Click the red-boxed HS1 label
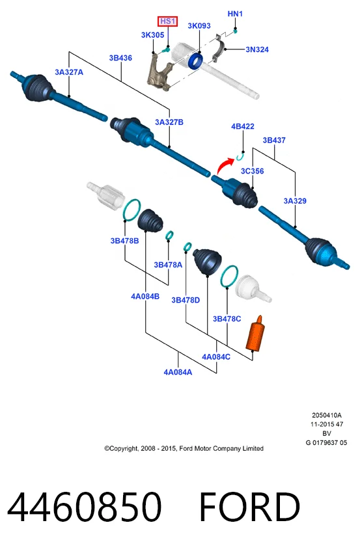coord(168,21)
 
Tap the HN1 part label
coord(235,14)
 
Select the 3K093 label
coord(199,26)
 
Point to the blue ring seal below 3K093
coord(195,61)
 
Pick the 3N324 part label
coord(257,49)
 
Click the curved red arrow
coord(225,166)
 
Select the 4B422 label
coord(242,126)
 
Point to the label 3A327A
coord(69,72)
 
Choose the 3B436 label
coord(120,58)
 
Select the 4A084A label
coord(178,372)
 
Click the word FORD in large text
coord(250,507)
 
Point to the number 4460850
coord(85,507)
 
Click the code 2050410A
coord(326,415)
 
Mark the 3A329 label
coord(295,201)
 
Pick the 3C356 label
coord(253,171)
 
